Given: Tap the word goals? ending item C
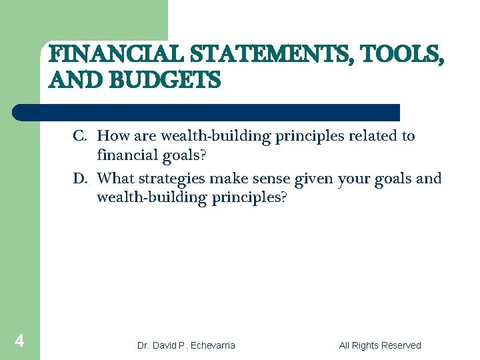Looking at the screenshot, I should pyautogui.click(x=181, y=157).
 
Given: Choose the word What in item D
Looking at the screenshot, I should pyautogui.click(x=117, y=179).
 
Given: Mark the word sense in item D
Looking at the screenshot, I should pyautogui.click(x=270, y=179).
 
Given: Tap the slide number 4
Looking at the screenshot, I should pyautogui.click(x=19, y=342).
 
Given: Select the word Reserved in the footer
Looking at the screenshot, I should pyautogui.click(x=399, y=345).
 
